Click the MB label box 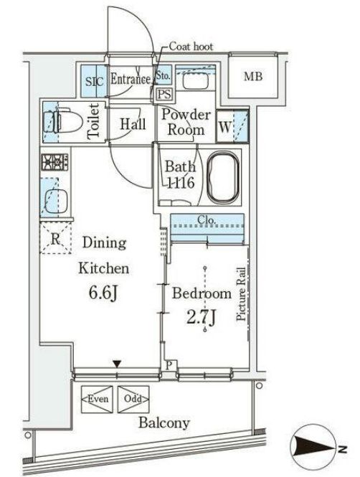[x=253, y=76]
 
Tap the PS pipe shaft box [x=164, y=94]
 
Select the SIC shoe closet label [x=94, y=82]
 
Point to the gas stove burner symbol [x=55, y=162]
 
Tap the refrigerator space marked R [x=55, y=238]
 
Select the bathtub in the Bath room [x=224, y=177]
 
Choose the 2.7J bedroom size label [x=201, y=318]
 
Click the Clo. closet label [x=207, y=219]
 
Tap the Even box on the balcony [x=97, y=399]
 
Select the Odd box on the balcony [x=133, y=399]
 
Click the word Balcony [x=164, y=423]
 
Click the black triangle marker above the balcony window [x=117, y=364]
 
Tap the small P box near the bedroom [x=169, y=365]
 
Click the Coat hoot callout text [x=191, y=47]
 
